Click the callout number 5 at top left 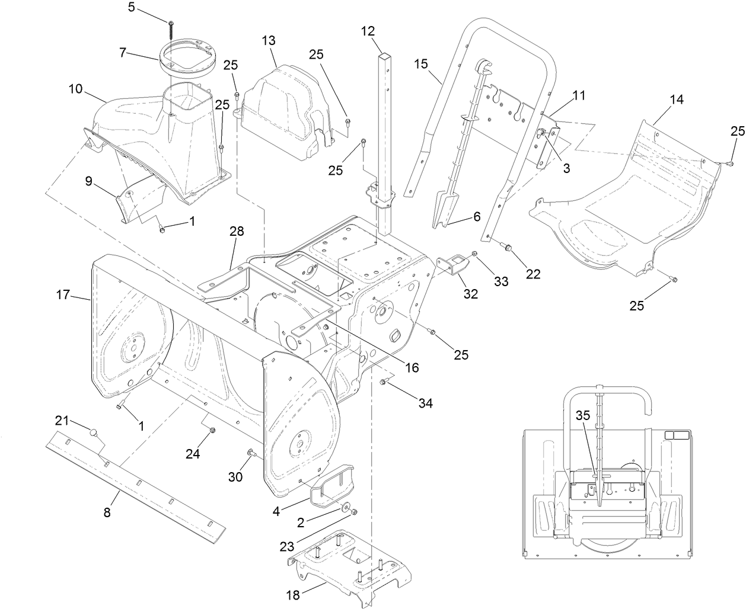(132, 8)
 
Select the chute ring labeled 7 (187, 58)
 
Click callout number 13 (269, 40)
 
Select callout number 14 (677, 100)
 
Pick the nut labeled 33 (475, 255)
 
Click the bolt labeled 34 (384, 383)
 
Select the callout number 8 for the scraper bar (107, 513)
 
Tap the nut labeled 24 (213, 431)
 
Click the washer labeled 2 (345, 508)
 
